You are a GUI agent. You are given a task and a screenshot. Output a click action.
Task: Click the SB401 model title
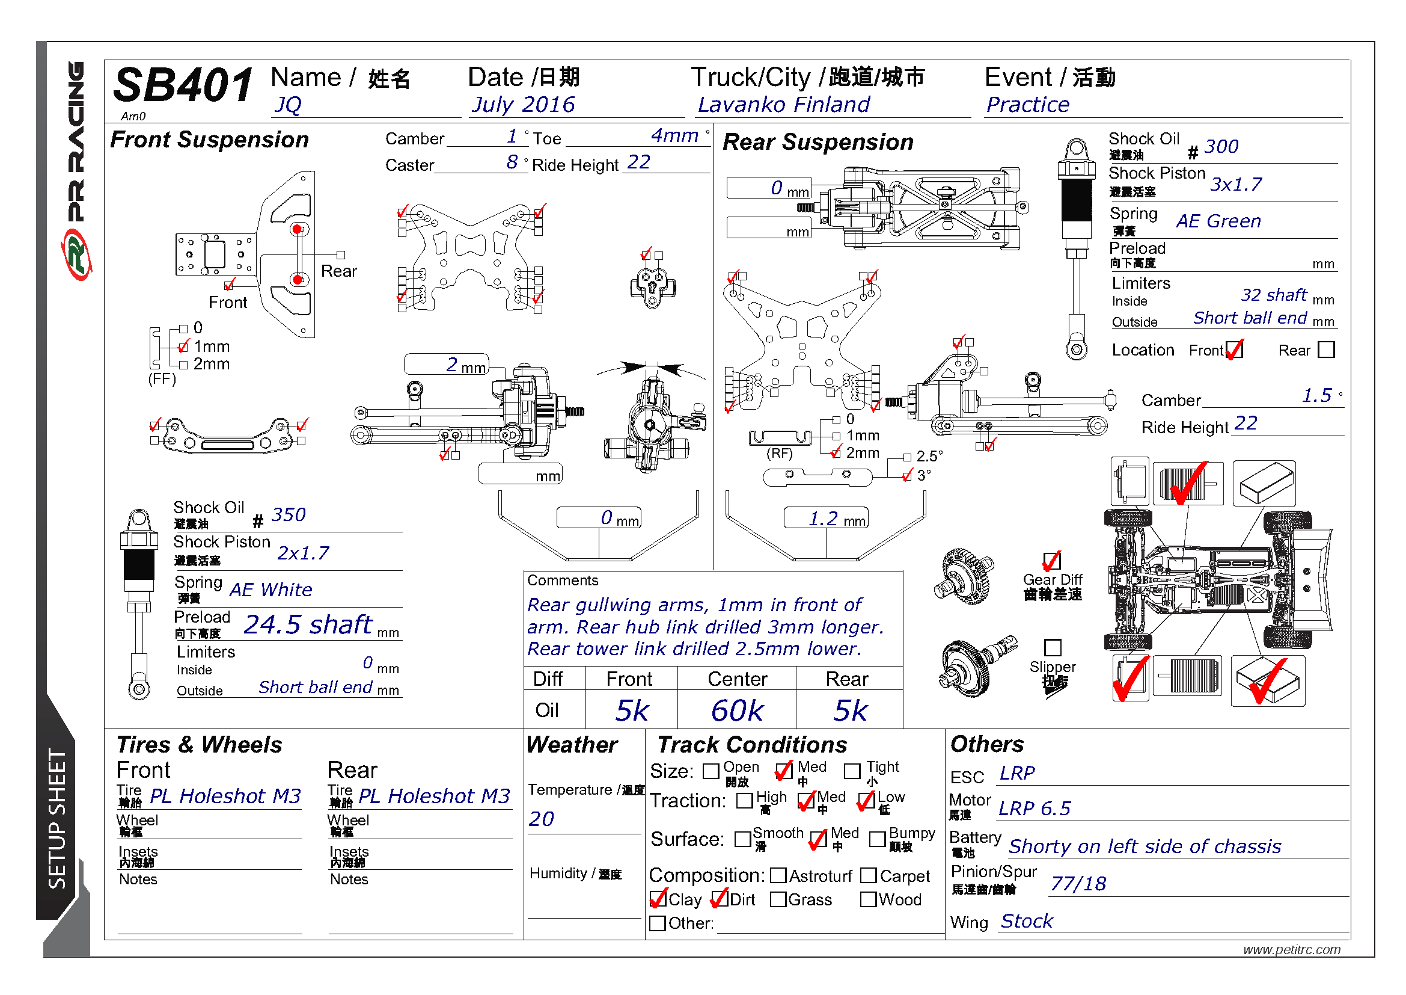183,85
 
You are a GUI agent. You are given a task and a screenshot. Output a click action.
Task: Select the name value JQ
288,105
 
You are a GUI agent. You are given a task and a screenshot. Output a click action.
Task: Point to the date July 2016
522,105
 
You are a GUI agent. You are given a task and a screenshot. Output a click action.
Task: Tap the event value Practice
1027,105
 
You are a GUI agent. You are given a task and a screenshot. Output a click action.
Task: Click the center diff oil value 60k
737,710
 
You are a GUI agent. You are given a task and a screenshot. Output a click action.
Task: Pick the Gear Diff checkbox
1051,561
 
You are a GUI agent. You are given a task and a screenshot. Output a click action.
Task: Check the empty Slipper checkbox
1052,648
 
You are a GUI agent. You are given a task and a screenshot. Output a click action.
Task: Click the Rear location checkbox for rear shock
1326,350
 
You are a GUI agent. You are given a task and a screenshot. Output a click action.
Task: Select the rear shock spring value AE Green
1218,221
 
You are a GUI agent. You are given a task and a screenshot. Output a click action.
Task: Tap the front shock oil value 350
288,515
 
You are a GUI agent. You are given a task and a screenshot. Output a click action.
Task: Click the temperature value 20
542,819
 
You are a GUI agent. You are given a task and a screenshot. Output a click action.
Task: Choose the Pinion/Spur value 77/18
1078,884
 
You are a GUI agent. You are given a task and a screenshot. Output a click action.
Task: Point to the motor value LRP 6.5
1035,809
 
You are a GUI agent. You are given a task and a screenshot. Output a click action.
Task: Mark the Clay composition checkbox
658,899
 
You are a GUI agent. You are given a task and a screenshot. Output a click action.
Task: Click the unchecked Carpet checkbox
869,875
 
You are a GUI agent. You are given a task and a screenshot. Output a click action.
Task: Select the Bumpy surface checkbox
878,839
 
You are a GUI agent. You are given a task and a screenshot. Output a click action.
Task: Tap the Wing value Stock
1026,921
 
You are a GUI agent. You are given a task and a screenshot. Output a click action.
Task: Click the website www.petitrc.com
1291,950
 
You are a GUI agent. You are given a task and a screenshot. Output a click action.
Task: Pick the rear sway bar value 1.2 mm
825,519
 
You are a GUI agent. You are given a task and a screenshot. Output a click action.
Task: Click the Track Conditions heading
752,744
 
